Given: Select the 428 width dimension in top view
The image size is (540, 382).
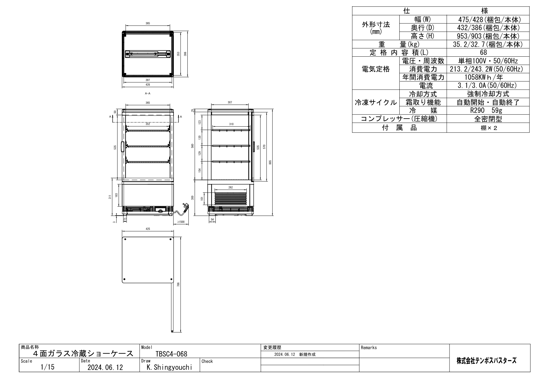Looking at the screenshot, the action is point(148,84).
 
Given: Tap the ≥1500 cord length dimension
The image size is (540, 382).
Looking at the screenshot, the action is point(181,222).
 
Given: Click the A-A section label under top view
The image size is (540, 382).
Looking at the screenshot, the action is point(148,93).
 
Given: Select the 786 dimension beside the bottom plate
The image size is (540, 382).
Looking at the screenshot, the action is point(178,285).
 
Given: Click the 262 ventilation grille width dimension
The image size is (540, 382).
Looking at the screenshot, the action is point(231,188).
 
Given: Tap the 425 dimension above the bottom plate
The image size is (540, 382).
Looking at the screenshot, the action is point(148,229).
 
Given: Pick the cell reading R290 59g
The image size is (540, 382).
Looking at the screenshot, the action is point(488,111).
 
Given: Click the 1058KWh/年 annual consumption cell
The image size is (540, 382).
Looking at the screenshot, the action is point(488,77).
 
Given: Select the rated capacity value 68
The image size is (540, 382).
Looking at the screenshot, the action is point(488,52).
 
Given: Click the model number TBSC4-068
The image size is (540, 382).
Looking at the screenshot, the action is point(171,354).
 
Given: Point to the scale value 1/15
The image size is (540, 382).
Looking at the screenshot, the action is point(48,367).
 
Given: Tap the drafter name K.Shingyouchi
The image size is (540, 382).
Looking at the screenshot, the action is point(170,367).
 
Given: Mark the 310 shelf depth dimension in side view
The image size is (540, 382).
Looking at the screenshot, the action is point(231,124).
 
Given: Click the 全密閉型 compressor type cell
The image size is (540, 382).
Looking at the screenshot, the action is point(488,119).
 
